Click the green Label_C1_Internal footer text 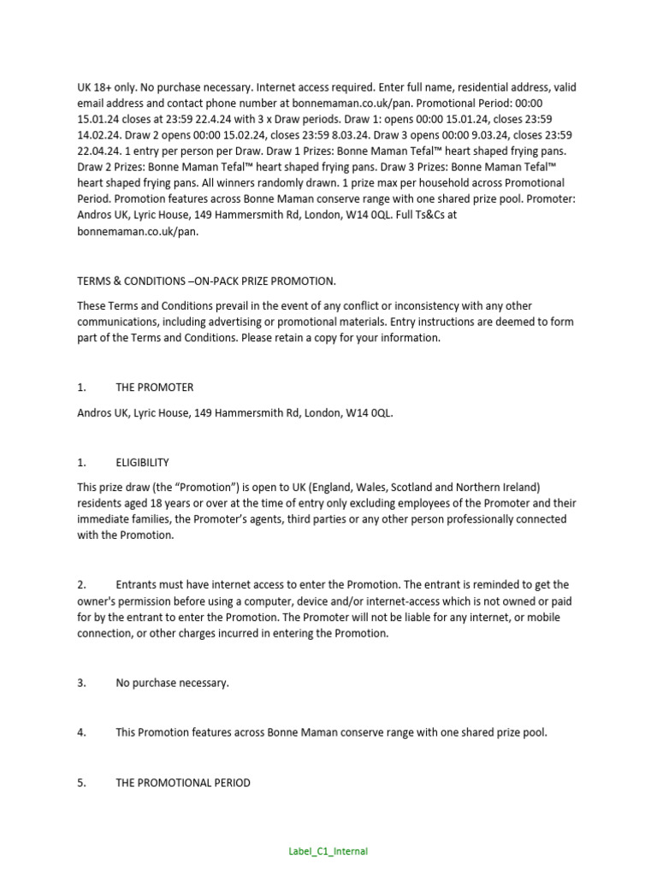(x=328, y=851)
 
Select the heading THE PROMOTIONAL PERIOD (x=183, y=783)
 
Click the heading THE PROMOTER (x=155, y=388)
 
